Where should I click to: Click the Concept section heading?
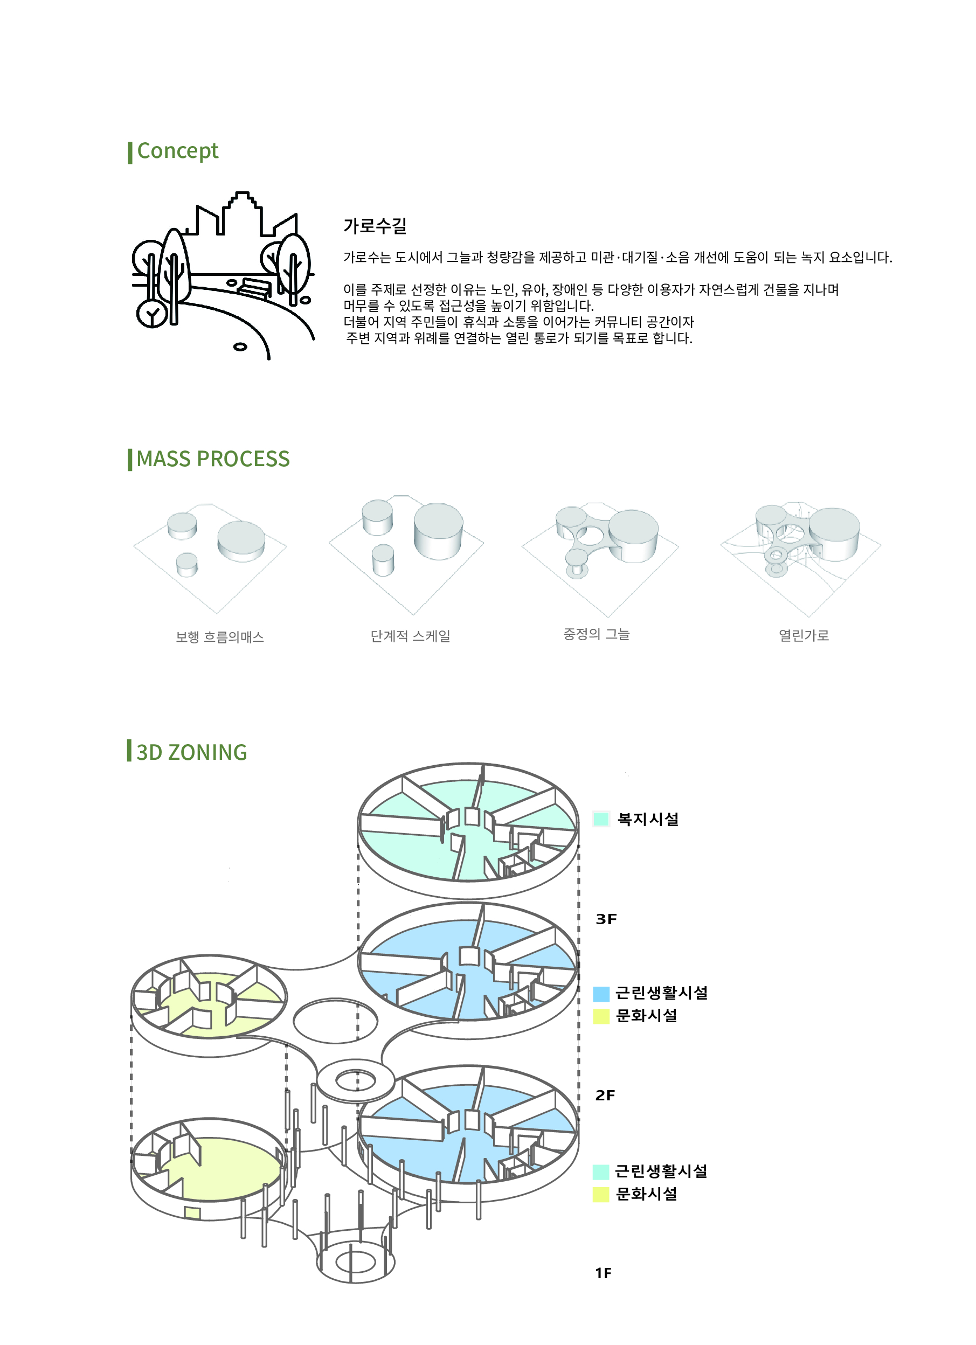[177, 151]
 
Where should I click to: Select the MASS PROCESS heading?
[213, 459]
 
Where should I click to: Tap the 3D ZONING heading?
[191, 752]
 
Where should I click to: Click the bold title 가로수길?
[375, 226]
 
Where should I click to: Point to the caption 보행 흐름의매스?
[219, 637]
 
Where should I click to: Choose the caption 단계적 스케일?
[410, 636]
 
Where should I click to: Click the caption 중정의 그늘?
[596, 634]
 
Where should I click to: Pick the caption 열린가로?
[804, 635]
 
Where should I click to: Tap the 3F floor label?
[606, 919]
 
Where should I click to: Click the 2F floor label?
[605, 1096]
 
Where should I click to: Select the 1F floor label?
[603, 1273]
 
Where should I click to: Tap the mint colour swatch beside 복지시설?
[601, 819]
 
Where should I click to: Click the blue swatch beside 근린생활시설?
[601, 994]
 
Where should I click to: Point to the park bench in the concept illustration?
[255, 288]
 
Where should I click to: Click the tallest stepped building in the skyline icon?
[241, 213]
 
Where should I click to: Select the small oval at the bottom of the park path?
[240, 347]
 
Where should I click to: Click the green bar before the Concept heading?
[130, 152]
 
